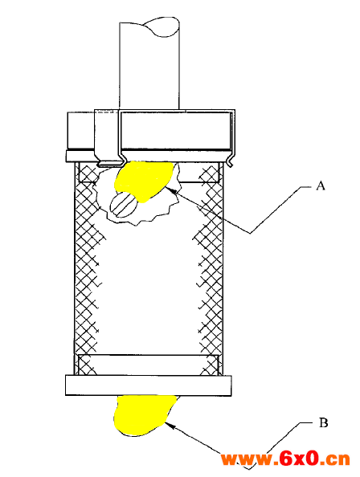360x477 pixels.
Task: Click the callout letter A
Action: [x=321, y=185]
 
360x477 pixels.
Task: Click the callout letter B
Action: [x=323, y=423]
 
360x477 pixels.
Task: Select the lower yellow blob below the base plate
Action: [x=143, y=414]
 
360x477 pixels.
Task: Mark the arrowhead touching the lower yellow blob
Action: [x=170, y=426]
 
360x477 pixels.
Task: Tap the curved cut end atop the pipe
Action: [x=162, y=26]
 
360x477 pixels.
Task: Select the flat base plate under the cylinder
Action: [x=148, y=385]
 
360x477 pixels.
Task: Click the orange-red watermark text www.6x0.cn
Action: [x=285, y=459]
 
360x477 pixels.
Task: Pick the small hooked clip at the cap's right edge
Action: [x=231, y=160]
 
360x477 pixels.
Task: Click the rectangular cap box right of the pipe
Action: [x=176, y=131]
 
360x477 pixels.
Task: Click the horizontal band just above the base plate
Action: [x=148, y=365]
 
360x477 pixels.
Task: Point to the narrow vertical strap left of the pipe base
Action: [x=107, y=137]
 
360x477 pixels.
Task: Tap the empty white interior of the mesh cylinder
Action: [x=148, y=289]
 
